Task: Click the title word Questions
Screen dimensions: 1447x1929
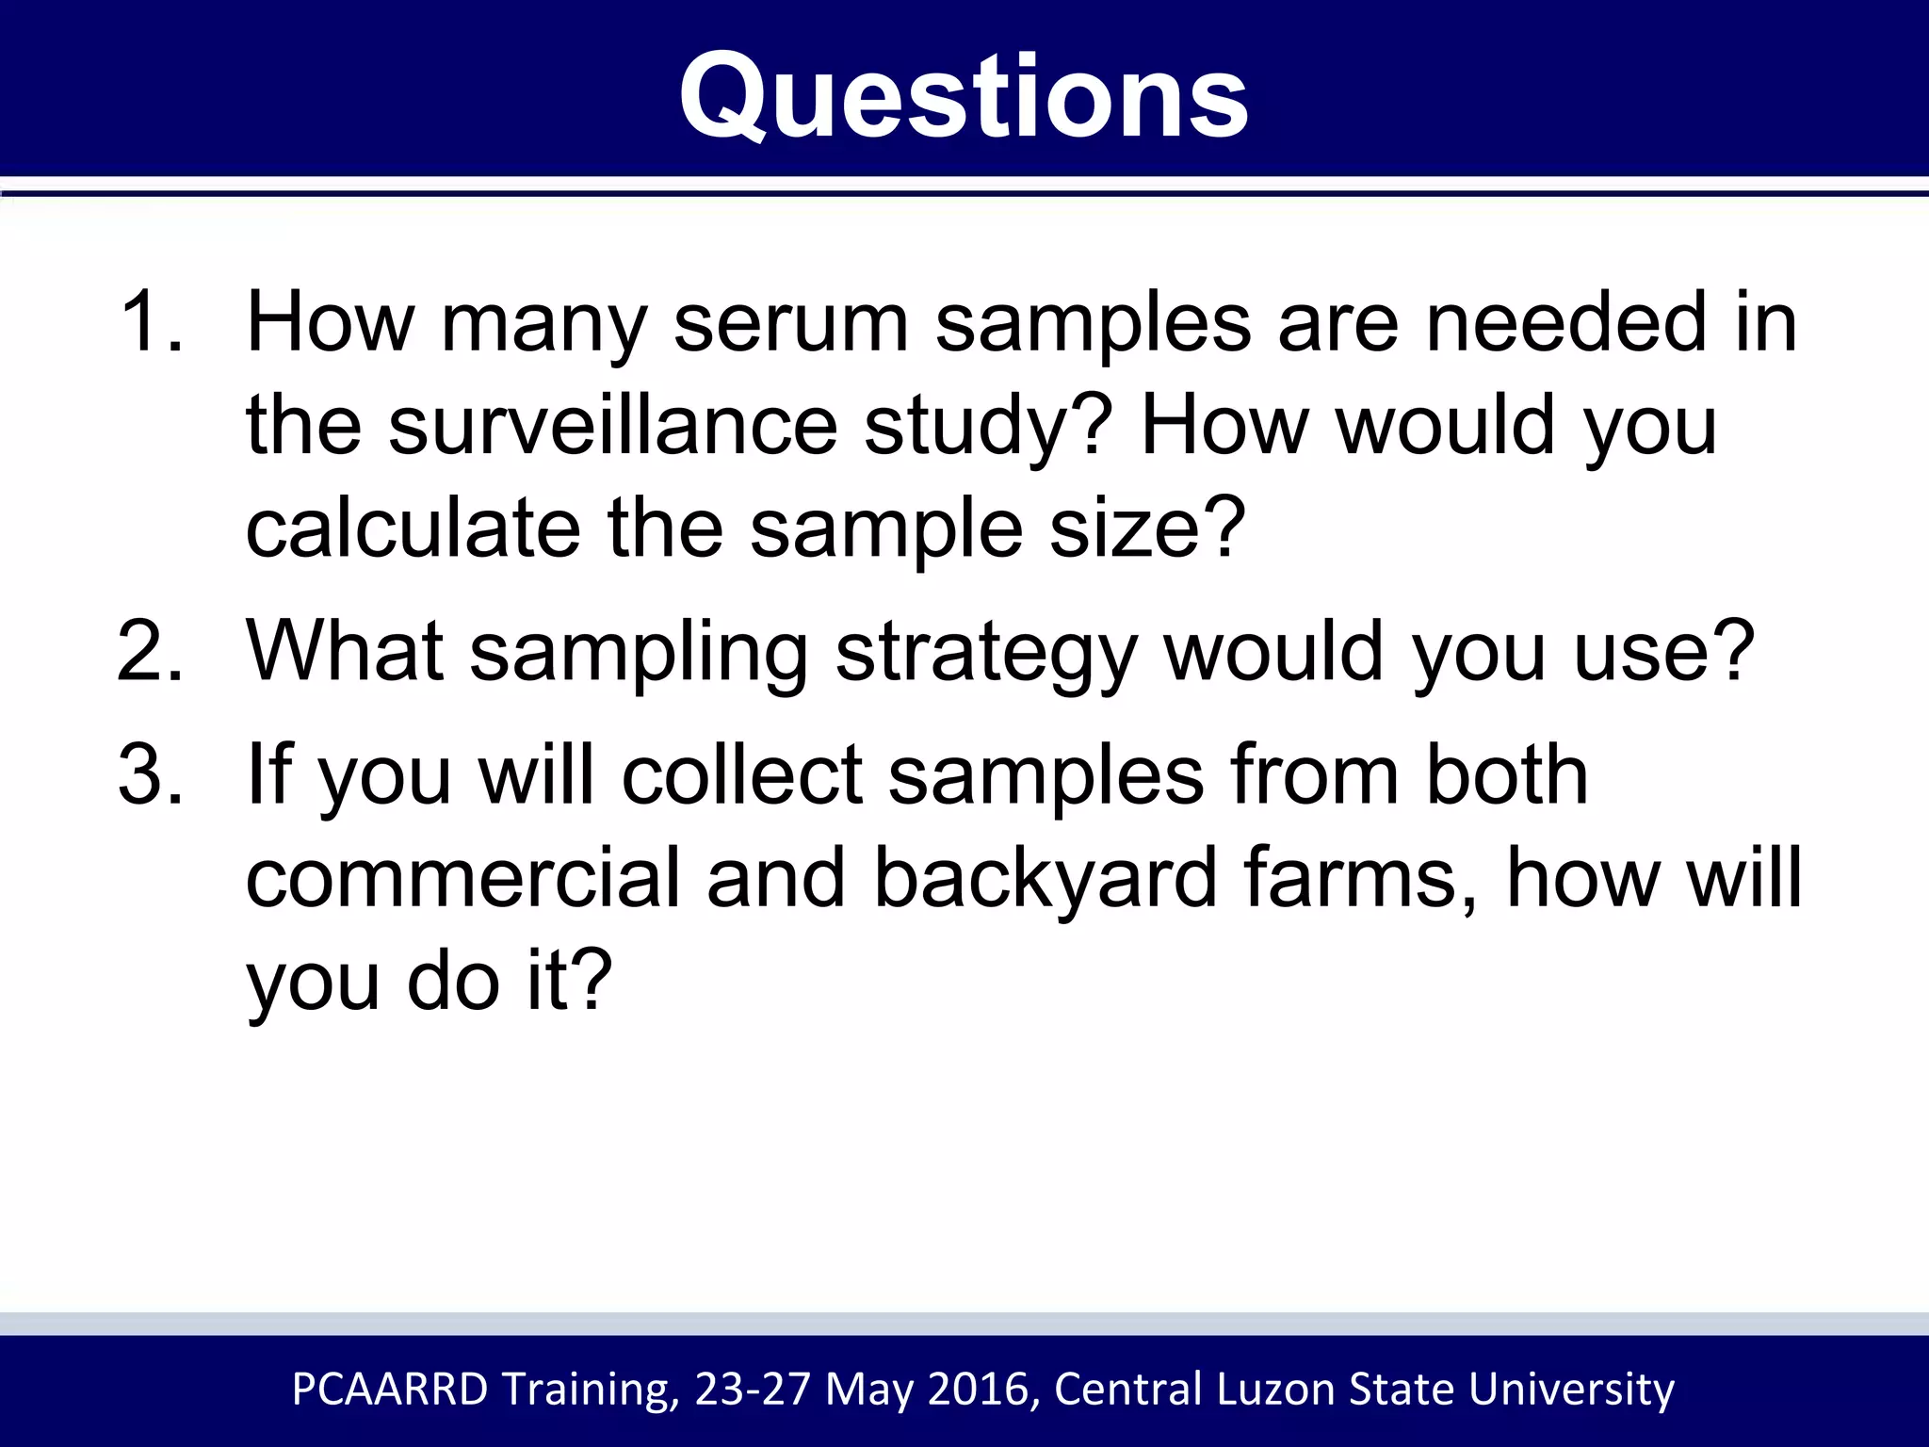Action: click(x=964, y=97)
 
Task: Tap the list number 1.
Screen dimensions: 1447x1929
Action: click(x=149, y=322)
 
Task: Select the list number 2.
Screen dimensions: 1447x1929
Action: click(x=149, y=651)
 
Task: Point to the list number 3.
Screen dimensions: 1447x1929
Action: click(x=149, y=774)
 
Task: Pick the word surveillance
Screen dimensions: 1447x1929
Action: click(x=612, y=426)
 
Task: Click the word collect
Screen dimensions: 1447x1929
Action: click(x=742, y=774)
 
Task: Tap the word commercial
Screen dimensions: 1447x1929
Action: click(x=462, y=878)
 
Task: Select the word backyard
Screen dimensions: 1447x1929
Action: click(x=1046, y=878)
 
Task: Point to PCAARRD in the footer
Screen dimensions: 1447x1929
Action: click(x=390, y=1390)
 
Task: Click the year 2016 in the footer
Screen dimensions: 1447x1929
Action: click(x=983, y=1390)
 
